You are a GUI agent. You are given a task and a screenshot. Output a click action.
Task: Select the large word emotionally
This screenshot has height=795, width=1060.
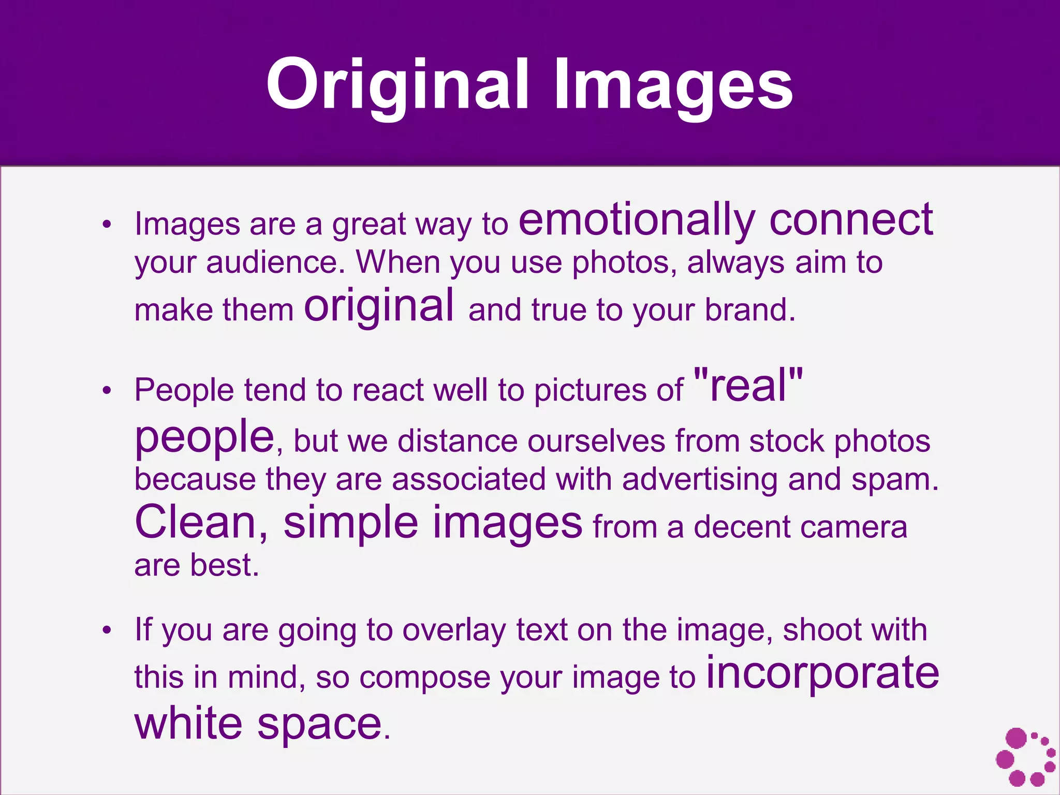click(637, 220)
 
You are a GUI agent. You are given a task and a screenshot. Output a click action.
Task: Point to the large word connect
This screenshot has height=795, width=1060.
click(851, 219)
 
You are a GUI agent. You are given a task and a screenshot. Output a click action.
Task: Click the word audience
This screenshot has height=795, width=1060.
click(275, 262)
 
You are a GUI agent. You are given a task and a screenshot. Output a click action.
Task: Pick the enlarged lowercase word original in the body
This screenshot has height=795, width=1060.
click(379, 306)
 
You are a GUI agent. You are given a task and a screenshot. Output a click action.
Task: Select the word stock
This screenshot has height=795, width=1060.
click(786, 441)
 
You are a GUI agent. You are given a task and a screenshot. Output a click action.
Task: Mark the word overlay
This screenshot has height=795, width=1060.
click(454, 631)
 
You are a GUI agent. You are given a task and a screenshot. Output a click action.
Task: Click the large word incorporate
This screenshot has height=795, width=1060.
click(822, 673)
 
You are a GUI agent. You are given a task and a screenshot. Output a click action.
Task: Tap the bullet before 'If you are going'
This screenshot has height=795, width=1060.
click(107, 630)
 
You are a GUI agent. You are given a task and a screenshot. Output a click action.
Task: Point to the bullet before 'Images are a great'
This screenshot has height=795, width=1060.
click(107, 225)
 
